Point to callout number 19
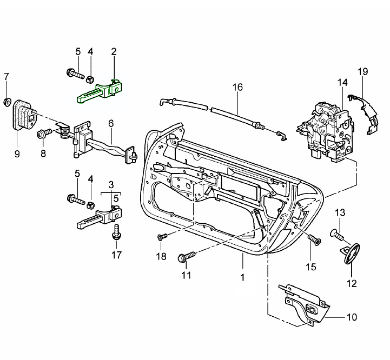(362, 71)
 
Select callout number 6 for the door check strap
(111, 123)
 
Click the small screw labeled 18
(161, 237)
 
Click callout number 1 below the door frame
(242, 277)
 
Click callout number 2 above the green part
(114, 52)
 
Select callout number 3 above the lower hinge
(111, 185)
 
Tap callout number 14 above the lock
(342, 82)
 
